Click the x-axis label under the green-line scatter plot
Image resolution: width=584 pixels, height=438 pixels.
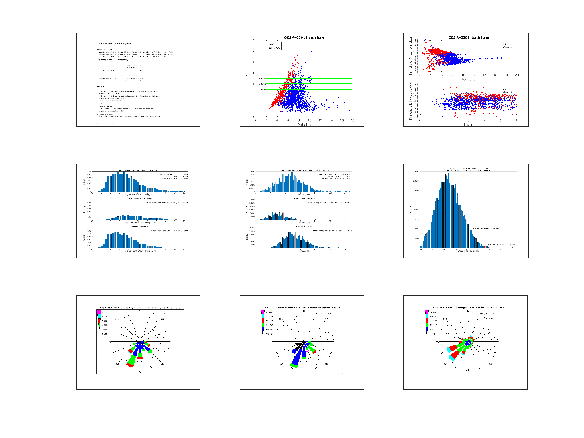pos(302,124)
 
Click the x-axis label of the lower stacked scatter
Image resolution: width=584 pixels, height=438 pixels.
pos(467,124)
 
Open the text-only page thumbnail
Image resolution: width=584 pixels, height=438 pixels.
pos(137,79)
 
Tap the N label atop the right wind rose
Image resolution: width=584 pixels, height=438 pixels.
pos(467,310)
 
